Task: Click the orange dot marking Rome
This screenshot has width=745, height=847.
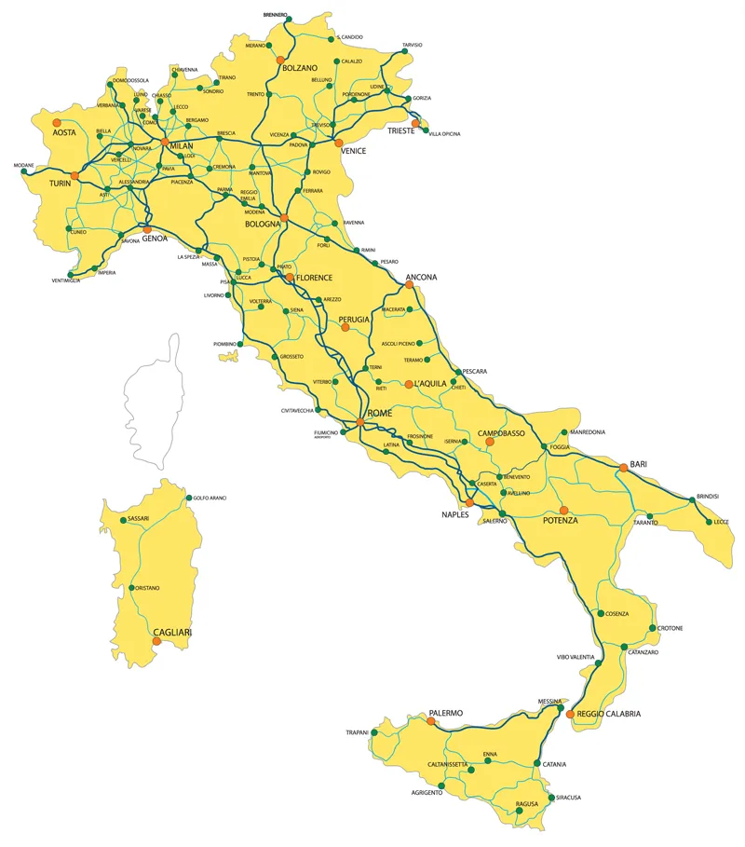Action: coord(359,424)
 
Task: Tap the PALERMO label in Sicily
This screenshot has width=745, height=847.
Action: coord(445,713)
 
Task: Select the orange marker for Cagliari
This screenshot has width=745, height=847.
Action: coord(156,640)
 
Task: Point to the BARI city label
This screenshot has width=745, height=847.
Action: coord(638,463)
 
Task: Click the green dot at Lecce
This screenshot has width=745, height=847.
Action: coord(710,522)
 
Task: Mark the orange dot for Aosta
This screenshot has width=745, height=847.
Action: coord(57,122)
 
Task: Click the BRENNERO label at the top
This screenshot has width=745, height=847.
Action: coord(275,15)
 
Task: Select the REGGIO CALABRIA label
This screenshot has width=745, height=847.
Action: coord(609,714)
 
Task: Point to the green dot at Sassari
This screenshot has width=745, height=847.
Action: coord(121,518)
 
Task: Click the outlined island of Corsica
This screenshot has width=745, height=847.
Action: coord(154,391)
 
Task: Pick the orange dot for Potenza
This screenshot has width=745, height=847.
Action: coord(563,510)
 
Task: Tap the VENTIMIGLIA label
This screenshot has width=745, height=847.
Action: coord(72,280)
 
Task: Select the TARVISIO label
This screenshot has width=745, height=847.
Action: coord(412,45)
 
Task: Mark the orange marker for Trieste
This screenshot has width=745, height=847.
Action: coord(416,122)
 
